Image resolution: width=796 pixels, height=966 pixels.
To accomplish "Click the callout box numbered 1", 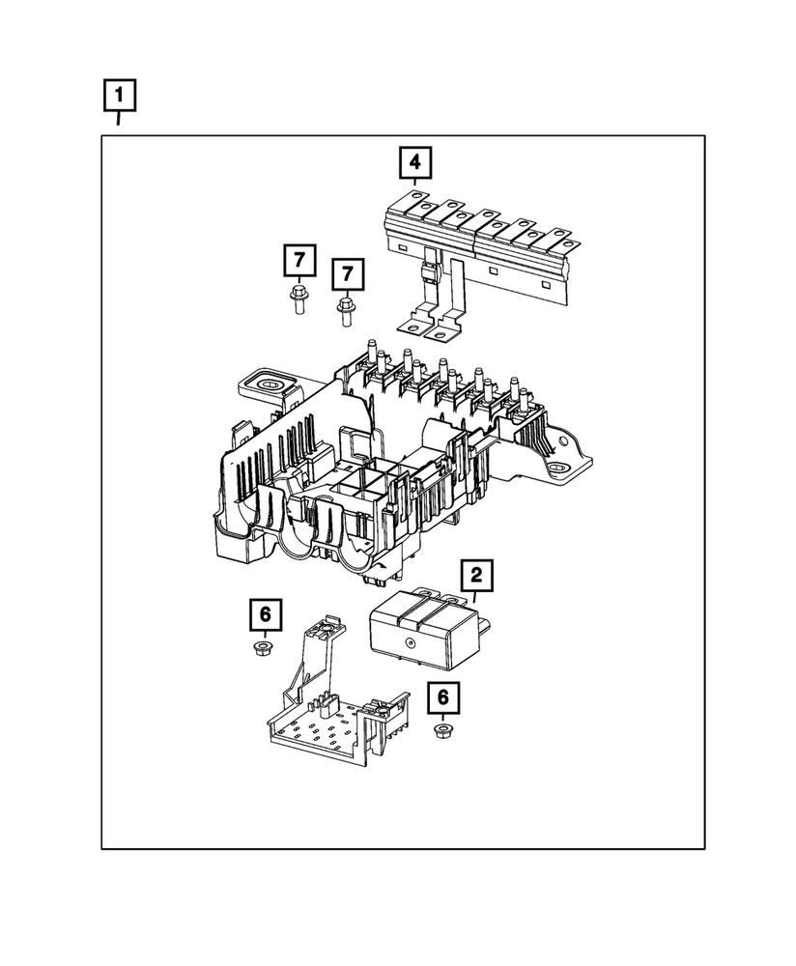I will pos(120,97).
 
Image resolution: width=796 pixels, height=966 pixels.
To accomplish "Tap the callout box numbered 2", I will pos(476,577).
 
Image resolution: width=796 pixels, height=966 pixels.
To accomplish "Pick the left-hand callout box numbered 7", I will pos(299,261).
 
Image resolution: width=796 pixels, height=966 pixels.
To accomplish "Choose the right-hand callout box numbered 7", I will pos(347,273).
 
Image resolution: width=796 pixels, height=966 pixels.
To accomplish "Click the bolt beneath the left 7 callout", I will pos(298,300).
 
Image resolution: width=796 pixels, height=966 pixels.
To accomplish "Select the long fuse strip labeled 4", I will pos(483,237).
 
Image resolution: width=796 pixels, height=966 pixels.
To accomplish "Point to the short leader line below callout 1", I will pos(120,120).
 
